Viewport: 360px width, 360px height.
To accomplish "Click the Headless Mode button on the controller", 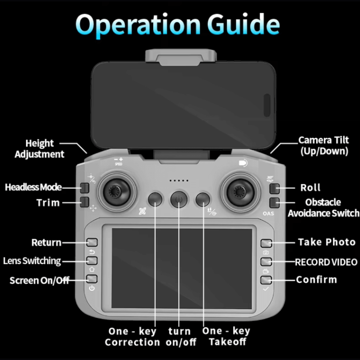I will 84,188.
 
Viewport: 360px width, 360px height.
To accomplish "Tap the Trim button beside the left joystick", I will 84,202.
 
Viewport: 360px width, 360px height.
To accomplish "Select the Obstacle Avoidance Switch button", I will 275,202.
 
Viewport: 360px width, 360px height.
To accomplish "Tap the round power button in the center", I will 179,199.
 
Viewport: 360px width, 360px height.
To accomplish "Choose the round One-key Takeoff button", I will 203,199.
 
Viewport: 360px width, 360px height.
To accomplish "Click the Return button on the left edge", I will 92,242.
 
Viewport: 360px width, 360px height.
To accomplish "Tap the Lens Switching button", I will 92,260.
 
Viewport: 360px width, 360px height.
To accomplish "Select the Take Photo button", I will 266,243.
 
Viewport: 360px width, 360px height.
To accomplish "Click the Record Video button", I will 266,261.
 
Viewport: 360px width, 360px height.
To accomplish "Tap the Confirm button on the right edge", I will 266,280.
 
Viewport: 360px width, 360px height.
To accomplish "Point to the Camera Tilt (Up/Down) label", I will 324,145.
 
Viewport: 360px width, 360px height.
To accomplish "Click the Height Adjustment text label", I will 40,149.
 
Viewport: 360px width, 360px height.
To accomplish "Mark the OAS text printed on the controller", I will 268,213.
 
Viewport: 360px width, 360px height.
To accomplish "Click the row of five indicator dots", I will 179,180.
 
